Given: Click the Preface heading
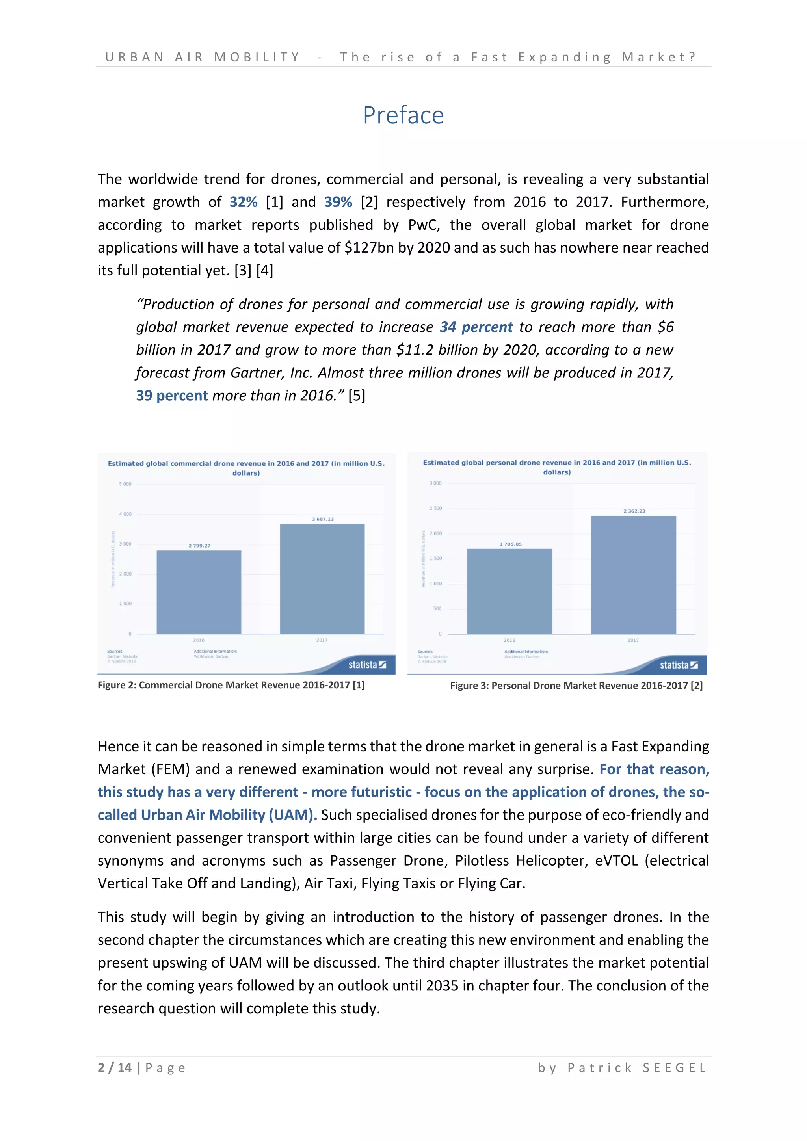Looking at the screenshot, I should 403,115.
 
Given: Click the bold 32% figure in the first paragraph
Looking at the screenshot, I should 244,202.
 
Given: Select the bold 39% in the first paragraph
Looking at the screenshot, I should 338,202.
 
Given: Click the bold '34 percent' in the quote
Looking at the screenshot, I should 476,327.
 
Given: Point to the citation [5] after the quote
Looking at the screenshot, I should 357,396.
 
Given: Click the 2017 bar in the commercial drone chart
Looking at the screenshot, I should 322,579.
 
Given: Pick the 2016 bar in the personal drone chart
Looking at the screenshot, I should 509,591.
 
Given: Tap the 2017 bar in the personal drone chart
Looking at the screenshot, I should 634,575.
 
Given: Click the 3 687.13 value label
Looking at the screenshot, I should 323,519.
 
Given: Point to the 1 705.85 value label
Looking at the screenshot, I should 510,544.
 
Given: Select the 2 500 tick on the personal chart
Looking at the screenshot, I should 435,508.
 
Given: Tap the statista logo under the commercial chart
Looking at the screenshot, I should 367,665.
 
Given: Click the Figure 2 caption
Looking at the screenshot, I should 231,685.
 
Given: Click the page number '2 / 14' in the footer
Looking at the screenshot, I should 115,1068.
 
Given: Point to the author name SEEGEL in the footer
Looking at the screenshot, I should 674,1068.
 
